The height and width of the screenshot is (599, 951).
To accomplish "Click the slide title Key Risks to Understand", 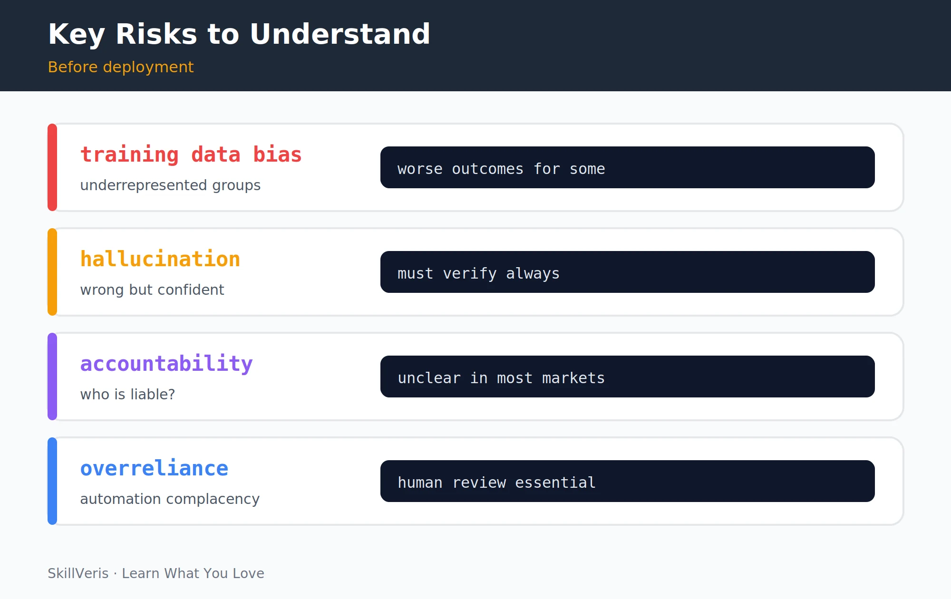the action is (x=239, y=34).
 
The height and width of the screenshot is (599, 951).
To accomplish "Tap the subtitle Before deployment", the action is (x=121, y=67).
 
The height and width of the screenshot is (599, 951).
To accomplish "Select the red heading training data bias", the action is (x=191, y=155).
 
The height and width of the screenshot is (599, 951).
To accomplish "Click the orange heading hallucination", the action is (x=160, y=259).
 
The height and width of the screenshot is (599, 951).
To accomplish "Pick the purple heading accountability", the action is (x=166, y=364).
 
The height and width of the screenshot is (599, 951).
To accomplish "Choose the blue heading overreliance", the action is (x=155, y=468).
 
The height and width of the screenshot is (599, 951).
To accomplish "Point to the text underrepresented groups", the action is (x=170, y=185).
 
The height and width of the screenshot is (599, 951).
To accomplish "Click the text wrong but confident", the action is (x=152, y=290).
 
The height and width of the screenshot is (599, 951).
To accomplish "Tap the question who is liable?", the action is (x=127, y=394).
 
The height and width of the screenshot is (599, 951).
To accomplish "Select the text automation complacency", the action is (x=170, y=499).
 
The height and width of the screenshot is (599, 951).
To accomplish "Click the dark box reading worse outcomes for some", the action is (x=628, y=167).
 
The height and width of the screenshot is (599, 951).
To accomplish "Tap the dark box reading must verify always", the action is (x=628, y=272).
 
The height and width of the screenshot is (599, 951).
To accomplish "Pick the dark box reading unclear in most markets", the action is (x=628, y=377).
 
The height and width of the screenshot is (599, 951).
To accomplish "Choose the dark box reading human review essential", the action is (x=628, y=481).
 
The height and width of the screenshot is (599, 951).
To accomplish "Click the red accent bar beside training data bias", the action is (x=52, y=167).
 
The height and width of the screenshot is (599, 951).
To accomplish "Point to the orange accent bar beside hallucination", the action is (x=52, y=272).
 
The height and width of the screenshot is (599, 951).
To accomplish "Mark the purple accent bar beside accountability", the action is (x=52, y=377).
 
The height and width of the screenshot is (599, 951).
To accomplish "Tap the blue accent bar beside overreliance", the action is (x=52, y=481).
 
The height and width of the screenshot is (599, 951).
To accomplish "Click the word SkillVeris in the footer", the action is (x=78, y=573).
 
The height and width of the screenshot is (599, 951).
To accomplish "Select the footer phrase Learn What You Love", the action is (x=193, y=573).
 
